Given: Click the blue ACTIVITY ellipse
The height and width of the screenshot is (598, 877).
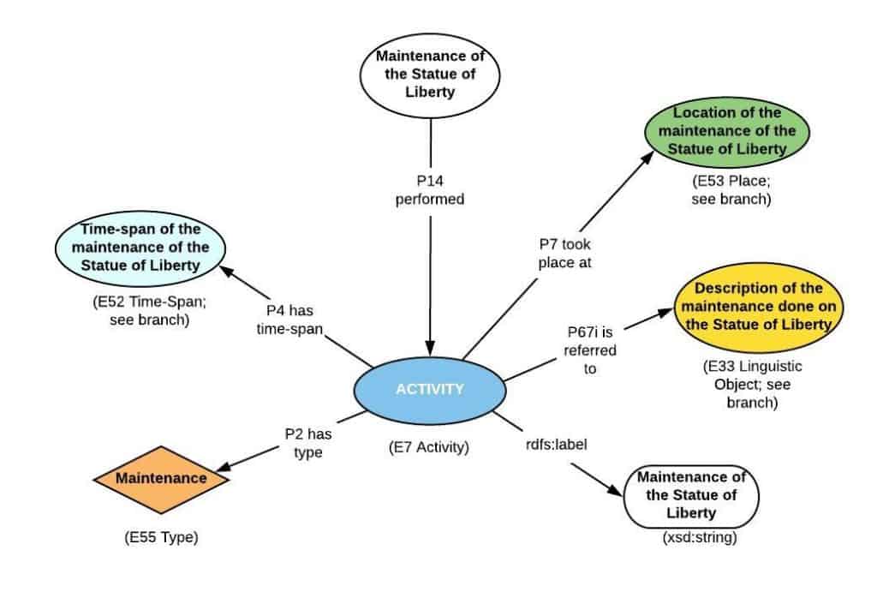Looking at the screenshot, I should coord(429,390).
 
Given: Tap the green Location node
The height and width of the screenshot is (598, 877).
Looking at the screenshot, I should coord(727,131).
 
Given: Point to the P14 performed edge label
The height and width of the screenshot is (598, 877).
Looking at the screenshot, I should coord(429,190).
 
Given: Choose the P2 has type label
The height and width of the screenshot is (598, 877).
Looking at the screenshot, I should coord(307,443).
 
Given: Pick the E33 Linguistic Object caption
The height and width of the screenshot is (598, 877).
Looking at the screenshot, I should coord(739,384).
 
